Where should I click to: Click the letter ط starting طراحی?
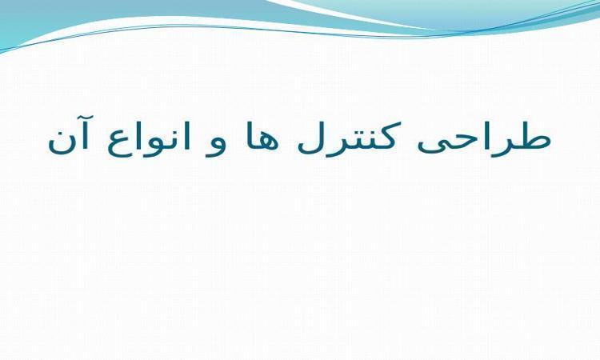pos(532,136)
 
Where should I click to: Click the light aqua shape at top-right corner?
pos(478,11)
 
